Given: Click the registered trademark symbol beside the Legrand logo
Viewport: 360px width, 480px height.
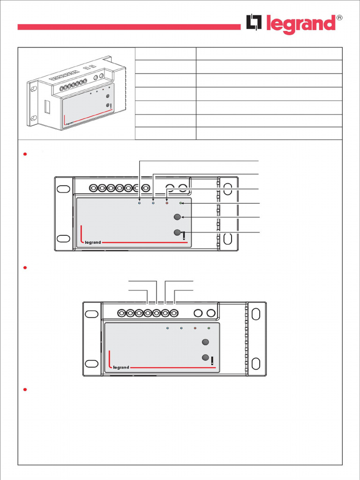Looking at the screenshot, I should [339, 18].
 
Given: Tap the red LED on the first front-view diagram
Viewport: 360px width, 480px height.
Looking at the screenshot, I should [166, 203].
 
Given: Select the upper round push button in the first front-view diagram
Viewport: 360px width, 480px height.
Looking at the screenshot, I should [177, 217].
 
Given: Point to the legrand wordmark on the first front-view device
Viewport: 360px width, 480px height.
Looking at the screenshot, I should [92, 242].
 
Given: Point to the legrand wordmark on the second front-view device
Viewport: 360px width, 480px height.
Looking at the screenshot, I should [120, 367].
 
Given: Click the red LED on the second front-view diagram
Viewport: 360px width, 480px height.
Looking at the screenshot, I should [195, 328].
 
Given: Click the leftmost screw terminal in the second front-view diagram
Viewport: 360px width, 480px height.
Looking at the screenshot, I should [121, 313].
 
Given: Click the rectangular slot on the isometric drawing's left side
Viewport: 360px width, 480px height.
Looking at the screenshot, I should [47, 106].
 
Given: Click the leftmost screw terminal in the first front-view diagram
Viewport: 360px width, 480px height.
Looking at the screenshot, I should [93, 188].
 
